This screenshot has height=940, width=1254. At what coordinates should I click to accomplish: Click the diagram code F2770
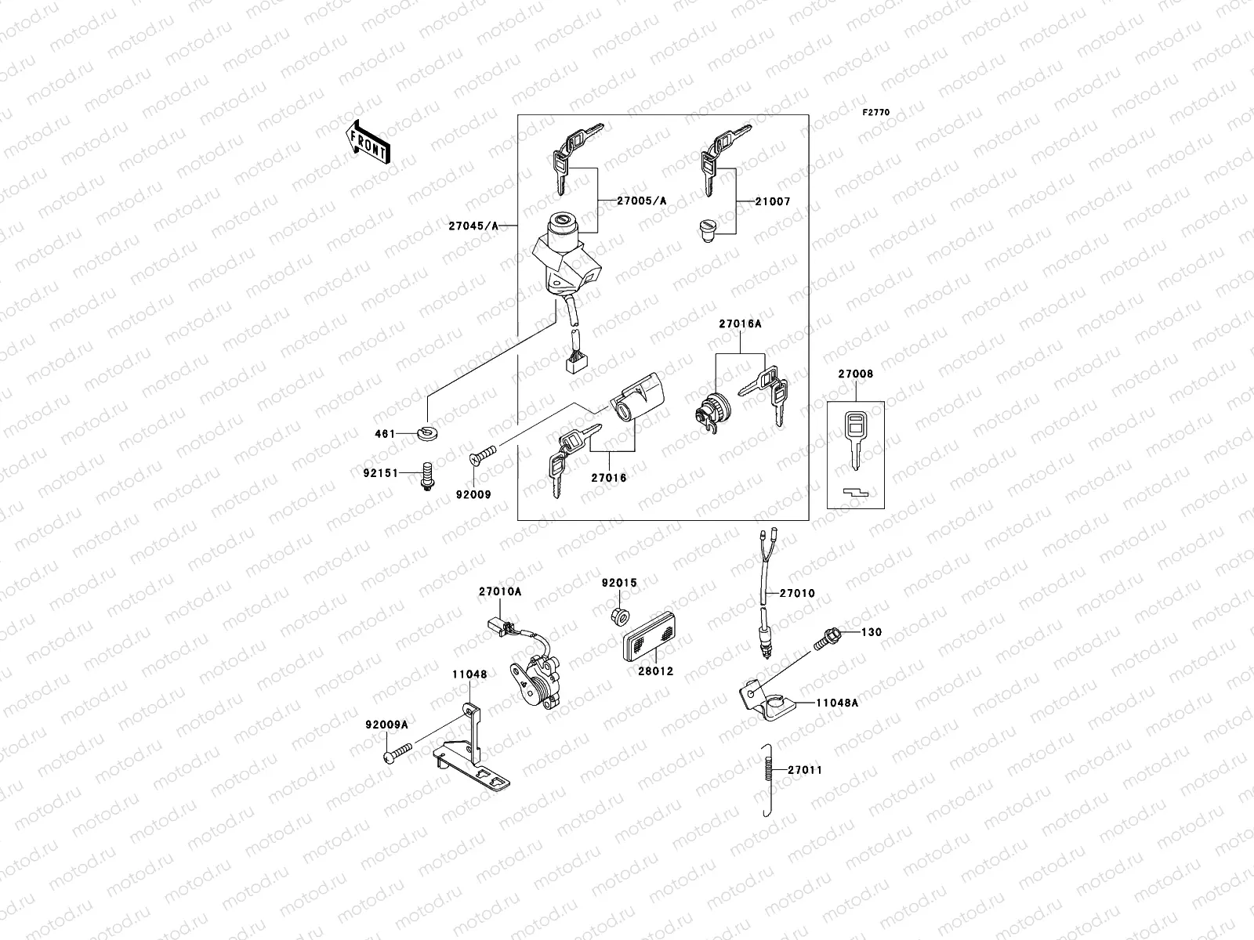876,113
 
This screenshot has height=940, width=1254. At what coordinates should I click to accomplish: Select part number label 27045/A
473,226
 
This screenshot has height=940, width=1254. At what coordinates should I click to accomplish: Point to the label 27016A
740,323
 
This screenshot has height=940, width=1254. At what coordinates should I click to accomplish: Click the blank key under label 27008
854,438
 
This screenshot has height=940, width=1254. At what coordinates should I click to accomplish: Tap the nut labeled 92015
619,613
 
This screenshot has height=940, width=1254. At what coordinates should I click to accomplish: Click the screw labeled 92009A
397,754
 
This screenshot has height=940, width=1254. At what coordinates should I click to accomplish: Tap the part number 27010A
499,592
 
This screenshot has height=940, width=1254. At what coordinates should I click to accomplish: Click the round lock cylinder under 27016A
712,407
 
